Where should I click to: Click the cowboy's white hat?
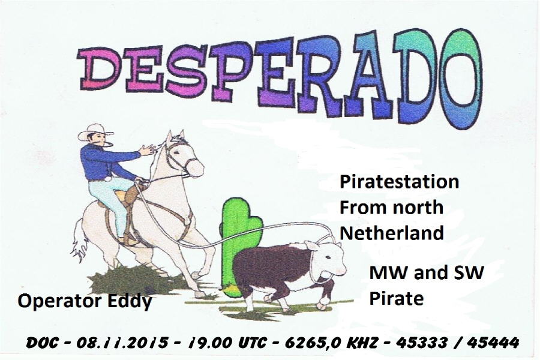95,131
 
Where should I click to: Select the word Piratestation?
399,182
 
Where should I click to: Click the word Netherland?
392,233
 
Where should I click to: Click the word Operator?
61,301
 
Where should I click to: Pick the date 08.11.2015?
122,343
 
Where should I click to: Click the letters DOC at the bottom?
41,343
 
